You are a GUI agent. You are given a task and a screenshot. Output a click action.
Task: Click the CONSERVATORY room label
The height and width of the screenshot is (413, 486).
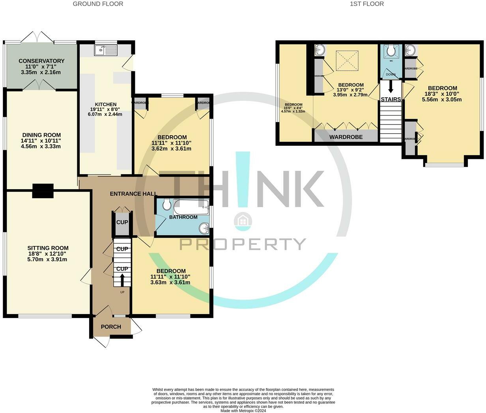[x=41, y=61]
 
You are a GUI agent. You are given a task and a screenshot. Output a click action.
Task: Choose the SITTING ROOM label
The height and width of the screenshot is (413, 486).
[x=48, y=248]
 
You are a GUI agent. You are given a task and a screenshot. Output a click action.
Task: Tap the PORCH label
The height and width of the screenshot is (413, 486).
[x=111, y=327]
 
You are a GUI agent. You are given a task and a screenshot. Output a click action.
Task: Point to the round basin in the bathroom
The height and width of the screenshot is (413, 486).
[x=204, y=228]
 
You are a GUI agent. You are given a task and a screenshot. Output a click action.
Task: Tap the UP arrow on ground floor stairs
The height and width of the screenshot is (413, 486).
[x=122, y=281]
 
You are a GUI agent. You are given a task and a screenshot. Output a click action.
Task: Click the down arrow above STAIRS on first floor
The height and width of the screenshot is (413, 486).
[x=391, y=86]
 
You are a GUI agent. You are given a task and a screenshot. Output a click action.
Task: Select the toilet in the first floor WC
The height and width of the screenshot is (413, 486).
[x=391, y=51]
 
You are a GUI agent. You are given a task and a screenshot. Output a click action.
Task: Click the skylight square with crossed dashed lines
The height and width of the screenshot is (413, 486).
[x=347, y=61]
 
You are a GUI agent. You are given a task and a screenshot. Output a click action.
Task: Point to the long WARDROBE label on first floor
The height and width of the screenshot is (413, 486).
[x=346, y=137]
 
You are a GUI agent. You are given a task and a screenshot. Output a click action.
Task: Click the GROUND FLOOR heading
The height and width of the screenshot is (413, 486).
[x=98, y=4]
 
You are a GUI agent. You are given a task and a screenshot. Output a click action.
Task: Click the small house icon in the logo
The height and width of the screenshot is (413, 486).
[x=243, y=222]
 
